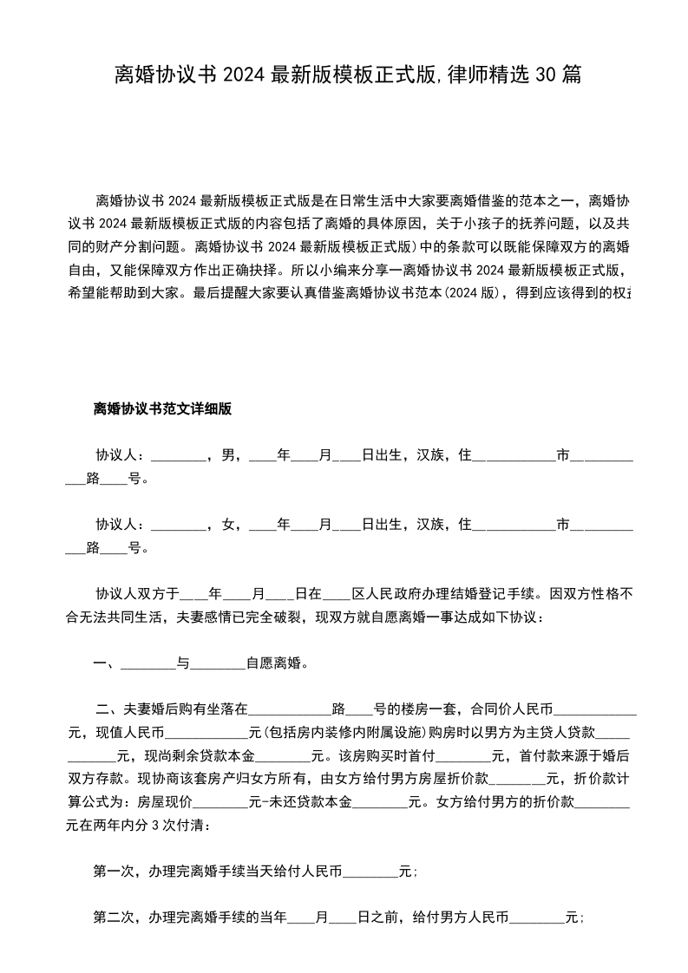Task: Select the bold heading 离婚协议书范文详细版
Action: click(162, 409)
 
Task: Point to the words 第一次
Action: click(114, 872)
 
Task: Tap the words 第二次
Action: click(114, 917)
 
